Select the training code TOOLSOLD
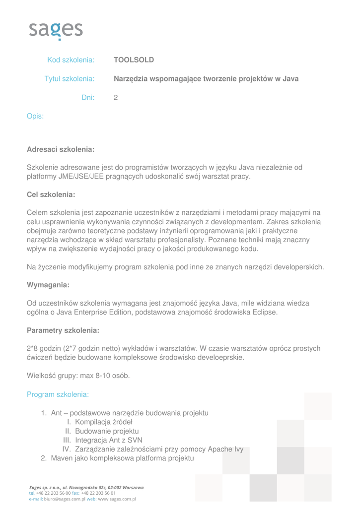134,60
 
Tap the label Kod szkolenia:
71,60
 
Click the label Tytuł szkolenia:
70,79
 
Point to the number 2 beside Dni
116,98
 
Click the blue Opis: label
35,117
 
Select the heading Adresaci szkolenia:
60,149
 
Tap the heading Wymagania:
48,285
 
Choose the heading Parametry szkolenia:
63,330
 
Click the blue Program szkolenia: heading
58,394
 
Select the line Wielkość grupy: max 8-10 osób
78,376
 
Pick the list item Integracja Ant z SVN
109,440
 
